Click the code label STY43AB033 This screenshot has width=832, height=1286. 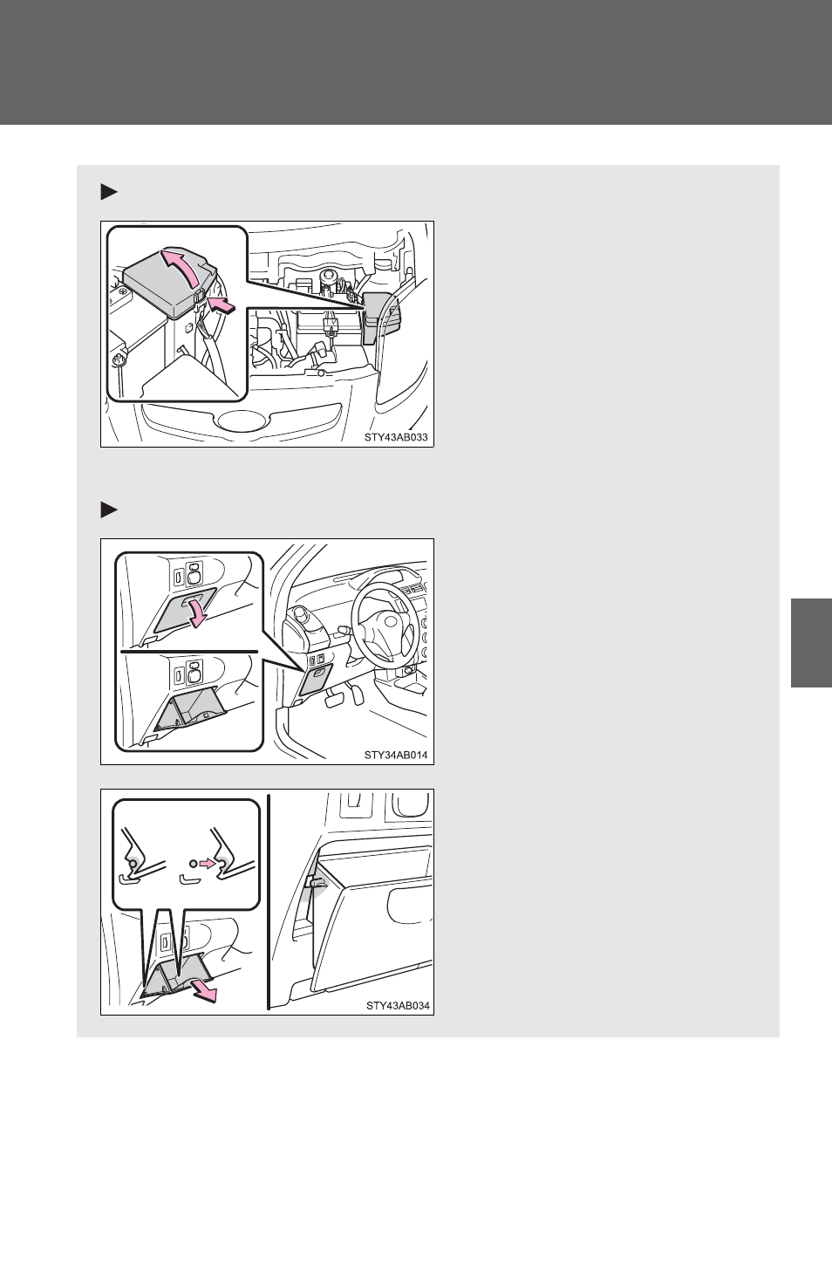(x=396, y=437)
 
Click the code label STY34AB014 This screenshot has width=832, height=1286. (x=396, y=755)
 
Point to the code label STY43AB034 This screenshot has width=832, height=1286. (x=399, y=1005)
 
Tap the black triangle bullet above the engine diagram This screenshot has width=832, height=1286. (x=109, y=192)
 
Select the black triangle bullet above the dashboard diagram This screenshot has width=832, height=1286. (x=109, y=510)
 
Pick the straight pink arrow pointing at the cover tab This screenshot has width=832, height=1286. (x=222, y=305)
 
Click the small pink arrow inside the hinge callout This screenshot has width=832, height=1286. (x=207, y=863)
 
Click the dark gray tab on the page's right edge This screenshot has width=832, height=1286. (x=811, y=643)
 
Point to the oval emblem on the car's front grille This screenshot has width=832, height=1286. (x=241, y=420)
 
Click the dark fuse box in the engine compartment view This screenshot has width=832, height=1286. (x=380, y=318)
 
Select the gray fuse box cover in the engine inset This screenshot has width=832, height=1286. (x=170, y=284)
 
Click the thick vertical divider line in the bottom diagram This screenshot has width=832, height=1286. (x=269, y=900)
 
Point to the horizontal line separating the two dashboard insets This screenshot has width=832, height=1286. (x=189, y=652)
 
